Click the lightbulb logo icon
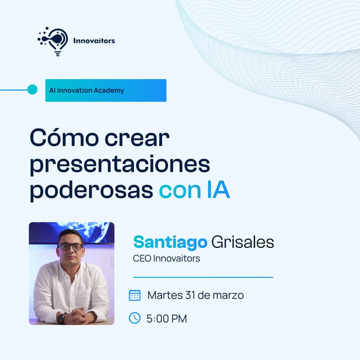click(53, 40)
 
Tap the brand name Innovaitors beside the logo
click(94, 40)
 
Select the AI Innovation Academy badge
click(106, 90)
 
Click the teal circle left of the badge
click(32, 90)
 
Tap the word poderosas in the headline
click(91, 190)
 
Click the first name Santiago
click(170, 243)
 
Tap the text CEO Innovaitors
click(166, 259)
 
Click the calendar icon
click(135, 295)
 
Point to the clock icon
click(135, 318)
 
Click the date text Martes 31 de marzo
click(195, 295)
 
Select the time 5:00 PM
click(166, 319)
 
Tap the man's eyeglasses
click(71, 247)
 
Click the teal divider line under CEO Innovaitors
click(203, 277)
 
